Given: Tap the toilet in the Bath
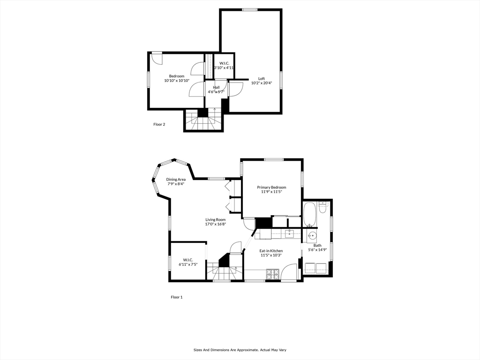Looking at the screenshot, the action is coord(322,207).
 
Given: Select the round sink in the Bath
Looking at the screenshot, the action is coord(312,236).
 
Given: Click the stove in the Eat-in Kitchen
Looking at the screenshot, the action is coord(273,274).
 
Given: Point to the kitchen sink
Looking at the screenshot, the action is coord(289,234).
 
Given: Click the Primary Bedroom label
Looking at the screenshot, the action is coord(271,187).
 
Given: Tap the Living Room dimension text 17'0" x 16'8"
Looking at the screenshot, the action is coord(216,224).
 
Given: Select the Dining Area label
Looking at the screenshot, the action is coord(176,180).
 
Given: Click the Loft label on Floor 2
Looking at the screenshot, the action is coord(262,79).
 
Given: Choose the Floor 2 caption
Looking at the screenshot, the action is coord(159,124).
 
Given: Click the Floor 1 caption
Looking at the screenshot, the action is coord(177,297).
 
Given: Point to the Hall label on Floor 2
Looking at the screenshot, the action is coord(216,87).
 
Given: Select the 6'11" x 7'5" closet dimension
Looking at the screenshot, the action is coord(188,264).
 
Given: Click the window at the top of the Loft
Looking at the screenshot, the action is coord(250,10).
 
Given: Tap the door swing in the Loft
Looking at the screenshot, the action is coord(236,90).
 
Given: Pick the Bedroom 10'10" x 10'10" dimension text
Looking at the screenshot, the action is coord(177,81).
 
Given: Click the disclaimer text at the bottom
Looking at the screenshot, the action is coord(240,350).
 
